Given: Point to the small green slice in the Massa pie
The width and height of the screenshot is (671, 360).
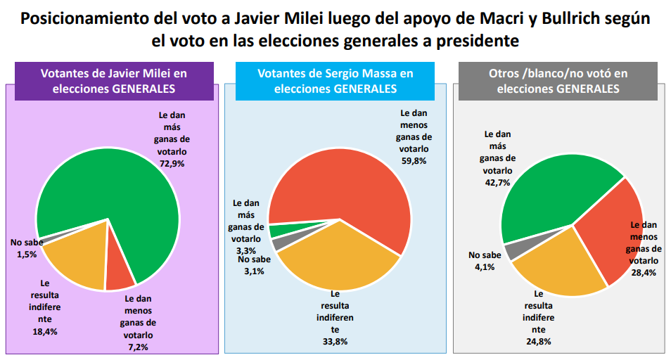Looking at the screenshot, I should (x=276, y=231).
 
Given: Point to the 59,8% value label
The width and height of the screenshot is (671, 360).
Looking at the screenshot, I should (x=414, y=160).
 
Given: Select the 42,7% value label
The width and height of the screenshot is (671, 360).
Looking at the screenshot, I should (x=496, y=182).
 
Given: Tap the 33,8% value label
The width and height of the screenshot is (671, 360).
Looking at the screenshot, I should (x=335, y=341).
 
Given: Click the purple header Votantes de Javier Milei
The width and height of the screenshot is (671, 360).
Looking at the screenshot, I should (x=114, y=82).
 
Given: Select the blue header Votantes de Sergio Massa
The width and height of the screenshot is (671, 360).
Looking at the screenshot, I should (x=335, y=82).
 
